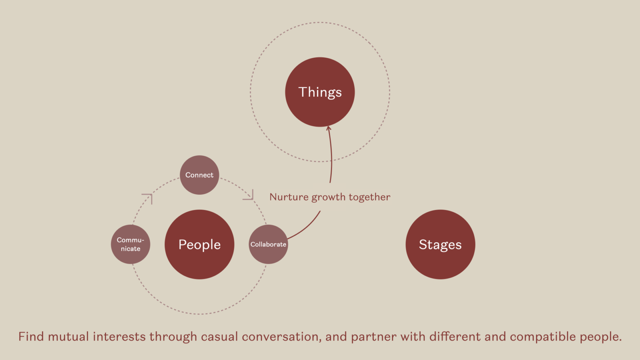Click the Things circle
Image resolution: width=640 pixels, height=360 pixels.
pos(320,92)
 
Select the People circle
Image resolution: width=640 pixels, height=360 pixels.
pos(199,244)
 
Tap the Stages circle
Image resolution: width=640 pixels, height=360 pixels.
pos(440,244)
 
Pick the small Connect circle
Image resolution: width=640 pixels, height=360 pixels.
pos(199,175)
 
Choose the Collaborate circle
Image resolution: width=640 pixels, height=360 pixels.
pos(268,244)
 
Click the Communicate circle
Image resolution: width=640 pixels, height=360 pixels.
pos(130,244)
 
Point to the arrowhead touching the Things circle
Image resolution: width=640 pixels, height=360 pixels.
pos(328,128)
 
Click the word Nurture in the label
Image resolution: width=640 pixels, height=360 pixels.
pos(289,197)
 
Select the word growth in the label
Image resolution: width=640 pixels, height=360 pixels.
pos(328,197)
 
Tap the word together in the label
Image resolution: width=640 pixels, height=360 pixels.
pos(369,197)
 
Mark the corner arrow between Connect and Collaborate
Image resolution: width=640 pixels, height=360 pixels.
pos(249,195)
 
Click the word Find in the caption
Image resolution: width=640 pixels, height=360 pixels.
pos(31,336)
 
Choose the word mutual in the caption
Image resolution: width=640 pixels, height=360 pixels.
pos(68,336)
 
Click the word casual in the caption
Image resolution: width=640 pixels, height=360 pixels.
pos(219,337)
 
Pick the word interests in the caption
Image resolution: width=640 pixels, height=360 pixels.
pos(119,336)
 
